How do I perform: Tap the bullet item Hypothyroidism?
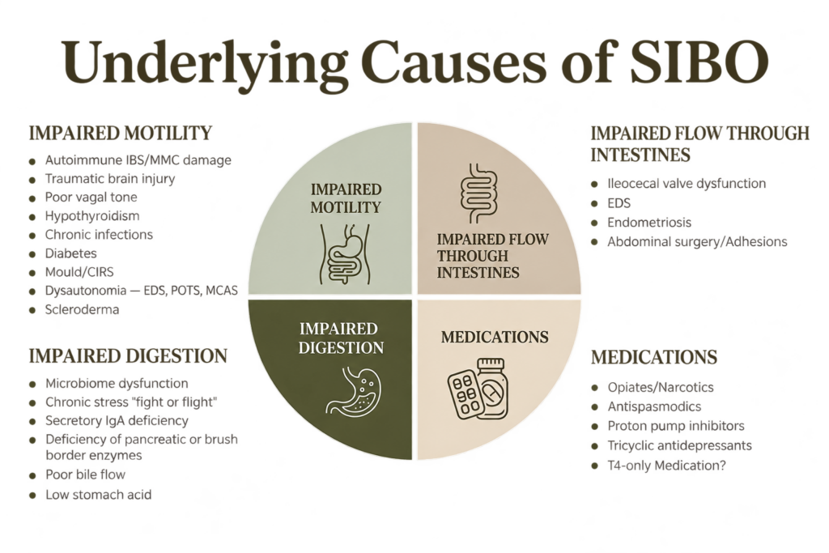click(92, 215)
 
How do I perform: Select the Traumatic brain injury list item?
click(110, 179)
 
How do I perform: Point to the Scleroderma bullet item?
click(82, 309)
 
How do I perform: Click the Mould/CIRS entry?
click(79, 272)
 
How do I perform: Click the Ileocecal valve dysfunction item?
click(687, 184)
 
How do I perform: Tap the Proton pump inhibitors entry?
click(676, 426)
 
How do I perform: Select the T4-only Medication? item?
click(667, 466)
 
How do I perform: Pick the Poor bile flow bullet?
click(86, 474)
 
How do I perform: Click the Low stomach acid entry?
click(98, 495)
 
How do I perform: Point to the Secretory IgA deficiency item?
click(117, 421)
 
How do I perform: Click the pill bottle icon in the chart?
click(491, 388)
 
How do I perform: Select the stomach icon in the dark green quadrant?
click(353, 391)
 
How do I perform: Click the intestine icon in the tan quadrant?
click(479, 193)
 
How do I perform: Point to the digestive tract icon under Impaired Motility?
click(346, 253)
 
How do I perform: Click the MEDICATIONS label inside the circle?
click(495, 337)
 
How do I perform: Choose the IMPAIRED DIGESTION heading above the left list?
click(128, 355)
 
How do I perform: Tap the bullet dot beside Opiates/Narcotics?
click(595, 388)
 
